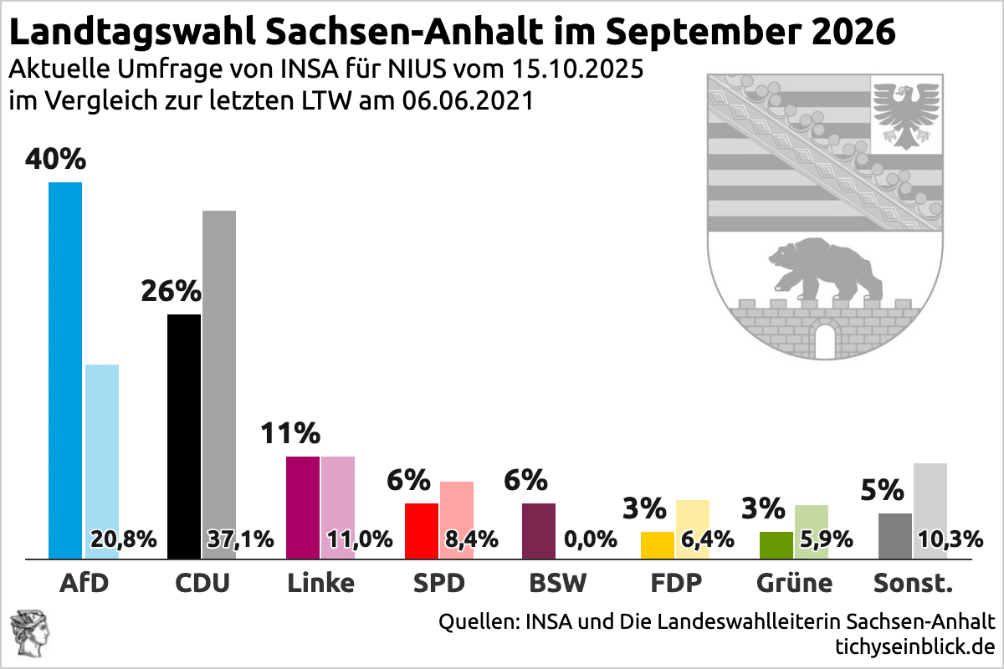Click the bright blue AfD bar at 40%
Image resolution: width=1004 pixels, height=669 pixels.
pos(65,368)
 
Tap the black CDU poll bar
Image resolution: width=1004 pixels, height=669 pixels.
pos(184,435)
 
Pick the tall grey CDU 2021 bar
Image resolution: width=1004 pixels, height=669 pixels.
pos(219,368)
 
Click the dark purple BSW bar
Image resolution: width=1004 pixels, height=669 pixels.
pos(538,530)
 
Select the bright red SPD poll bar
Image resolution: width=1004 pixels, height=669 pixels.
pos(421,530)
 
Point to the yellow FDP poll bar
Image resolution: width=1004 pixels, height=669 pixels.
pos(657,544)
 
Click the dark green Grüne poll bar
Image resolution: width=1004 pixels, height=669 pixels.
pos(776,544)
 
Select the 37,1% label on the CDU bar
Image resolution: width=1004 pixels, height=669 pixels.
pos(240,539)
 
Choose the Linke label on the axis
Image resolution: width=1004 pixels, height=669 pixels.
pos(320,583)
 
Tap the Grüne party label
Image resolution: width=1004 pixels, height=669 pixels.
pos(794,583)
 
